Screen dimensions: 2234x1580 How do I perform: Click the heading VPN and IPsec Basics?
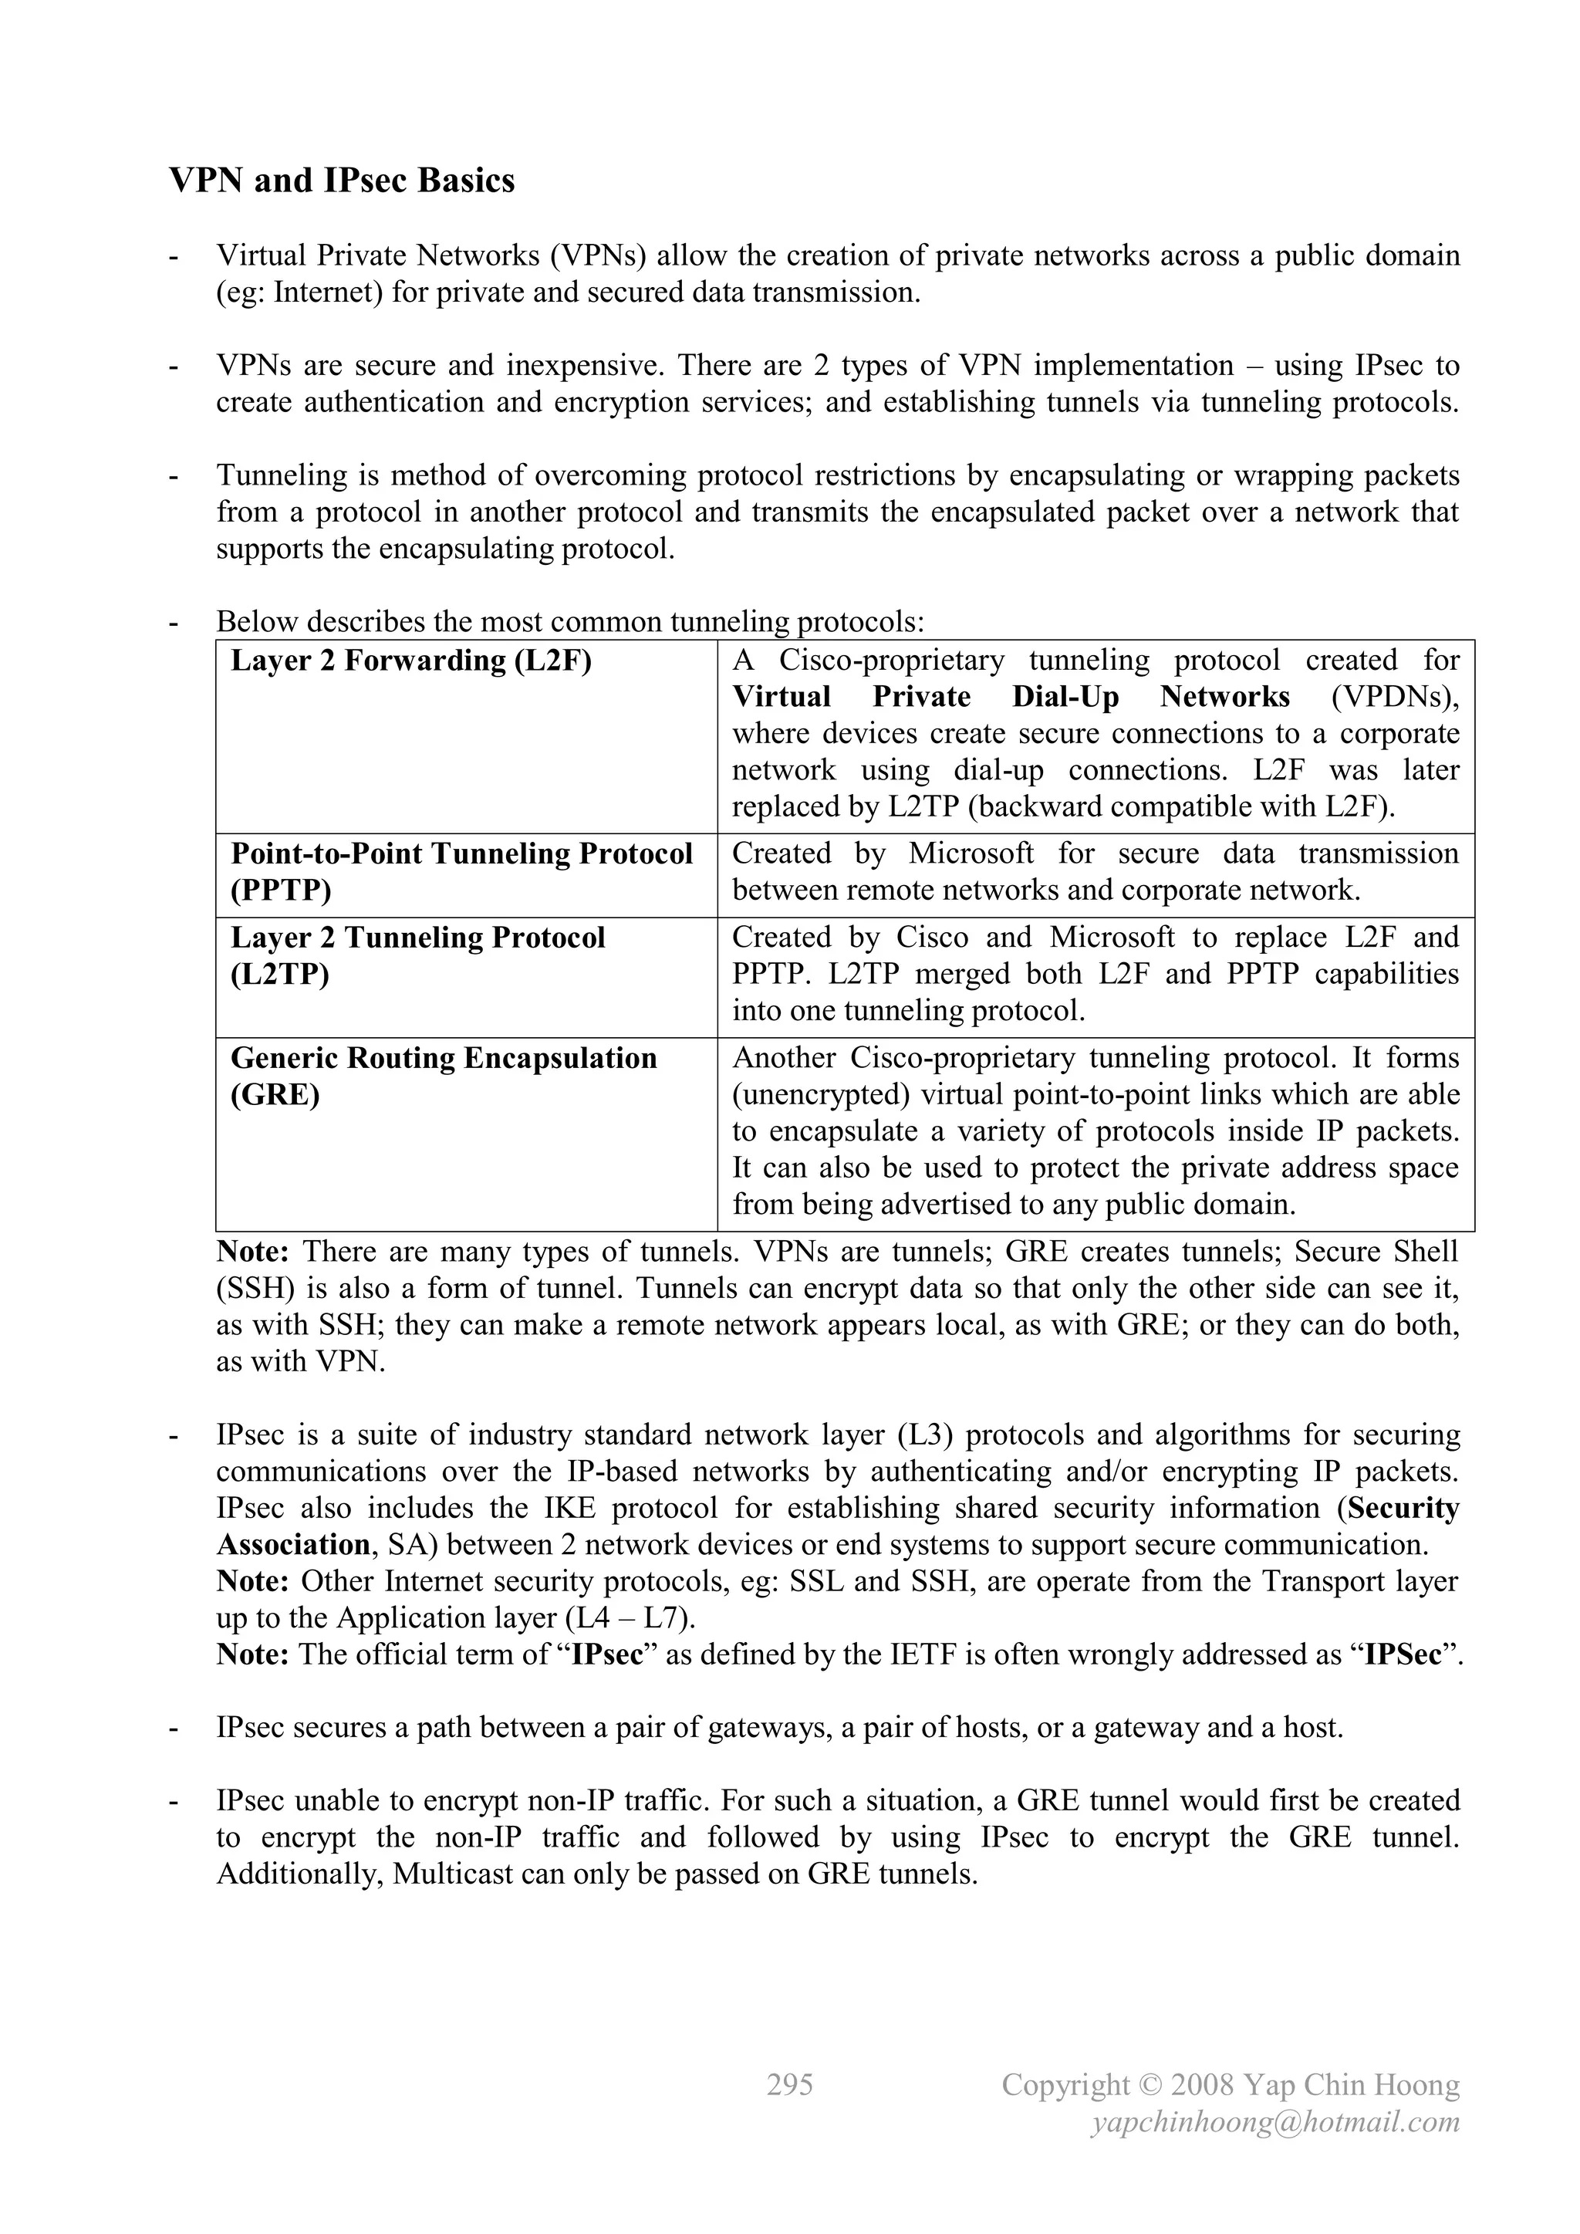point(342,181)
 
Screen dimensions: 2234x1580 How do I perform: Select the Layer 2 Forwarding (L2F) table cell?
point(410,661)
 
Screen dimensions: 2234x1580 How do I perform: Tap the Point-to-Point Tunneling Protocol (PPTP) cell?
point(461,872)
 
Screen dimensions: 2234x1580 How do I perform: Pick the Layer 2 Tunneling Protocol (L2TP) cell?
point(417,955)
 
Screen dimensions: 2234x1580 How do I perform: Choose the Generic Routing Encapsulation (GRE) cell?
point(444,1076)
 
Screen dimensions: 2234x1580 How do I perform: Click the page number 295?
point(789,2084)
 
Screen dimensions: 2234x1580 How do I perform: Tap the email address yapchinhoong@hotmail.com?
point(1275,2121)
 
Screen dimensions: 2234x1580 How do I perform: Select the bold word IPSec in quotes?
point(1402,1654)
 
